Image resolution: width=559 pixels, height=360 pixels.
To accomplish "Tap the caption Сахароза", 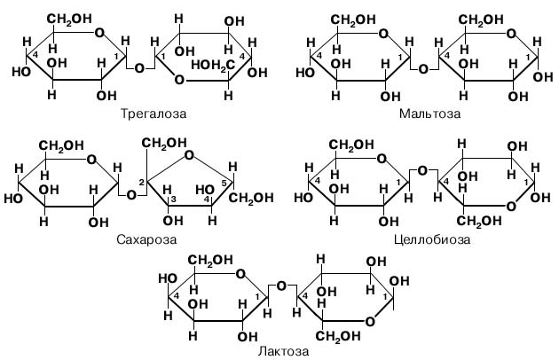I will coord(146,239).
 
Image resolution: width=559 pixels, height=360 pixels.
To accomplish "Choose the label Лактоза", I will coord(285,351).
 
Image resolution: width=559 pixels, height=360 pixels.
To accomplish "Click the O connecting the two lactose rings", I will coord(279,286).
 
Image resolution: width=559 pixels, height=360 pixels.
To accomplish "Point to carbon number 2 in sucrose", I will coord(140,182).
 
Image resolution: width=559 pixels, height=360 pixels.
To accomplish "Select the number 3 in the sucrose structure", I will coord(174,200).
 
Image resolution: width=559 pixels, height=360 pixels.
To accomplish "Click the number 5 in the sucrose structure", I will coord(225,184).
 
